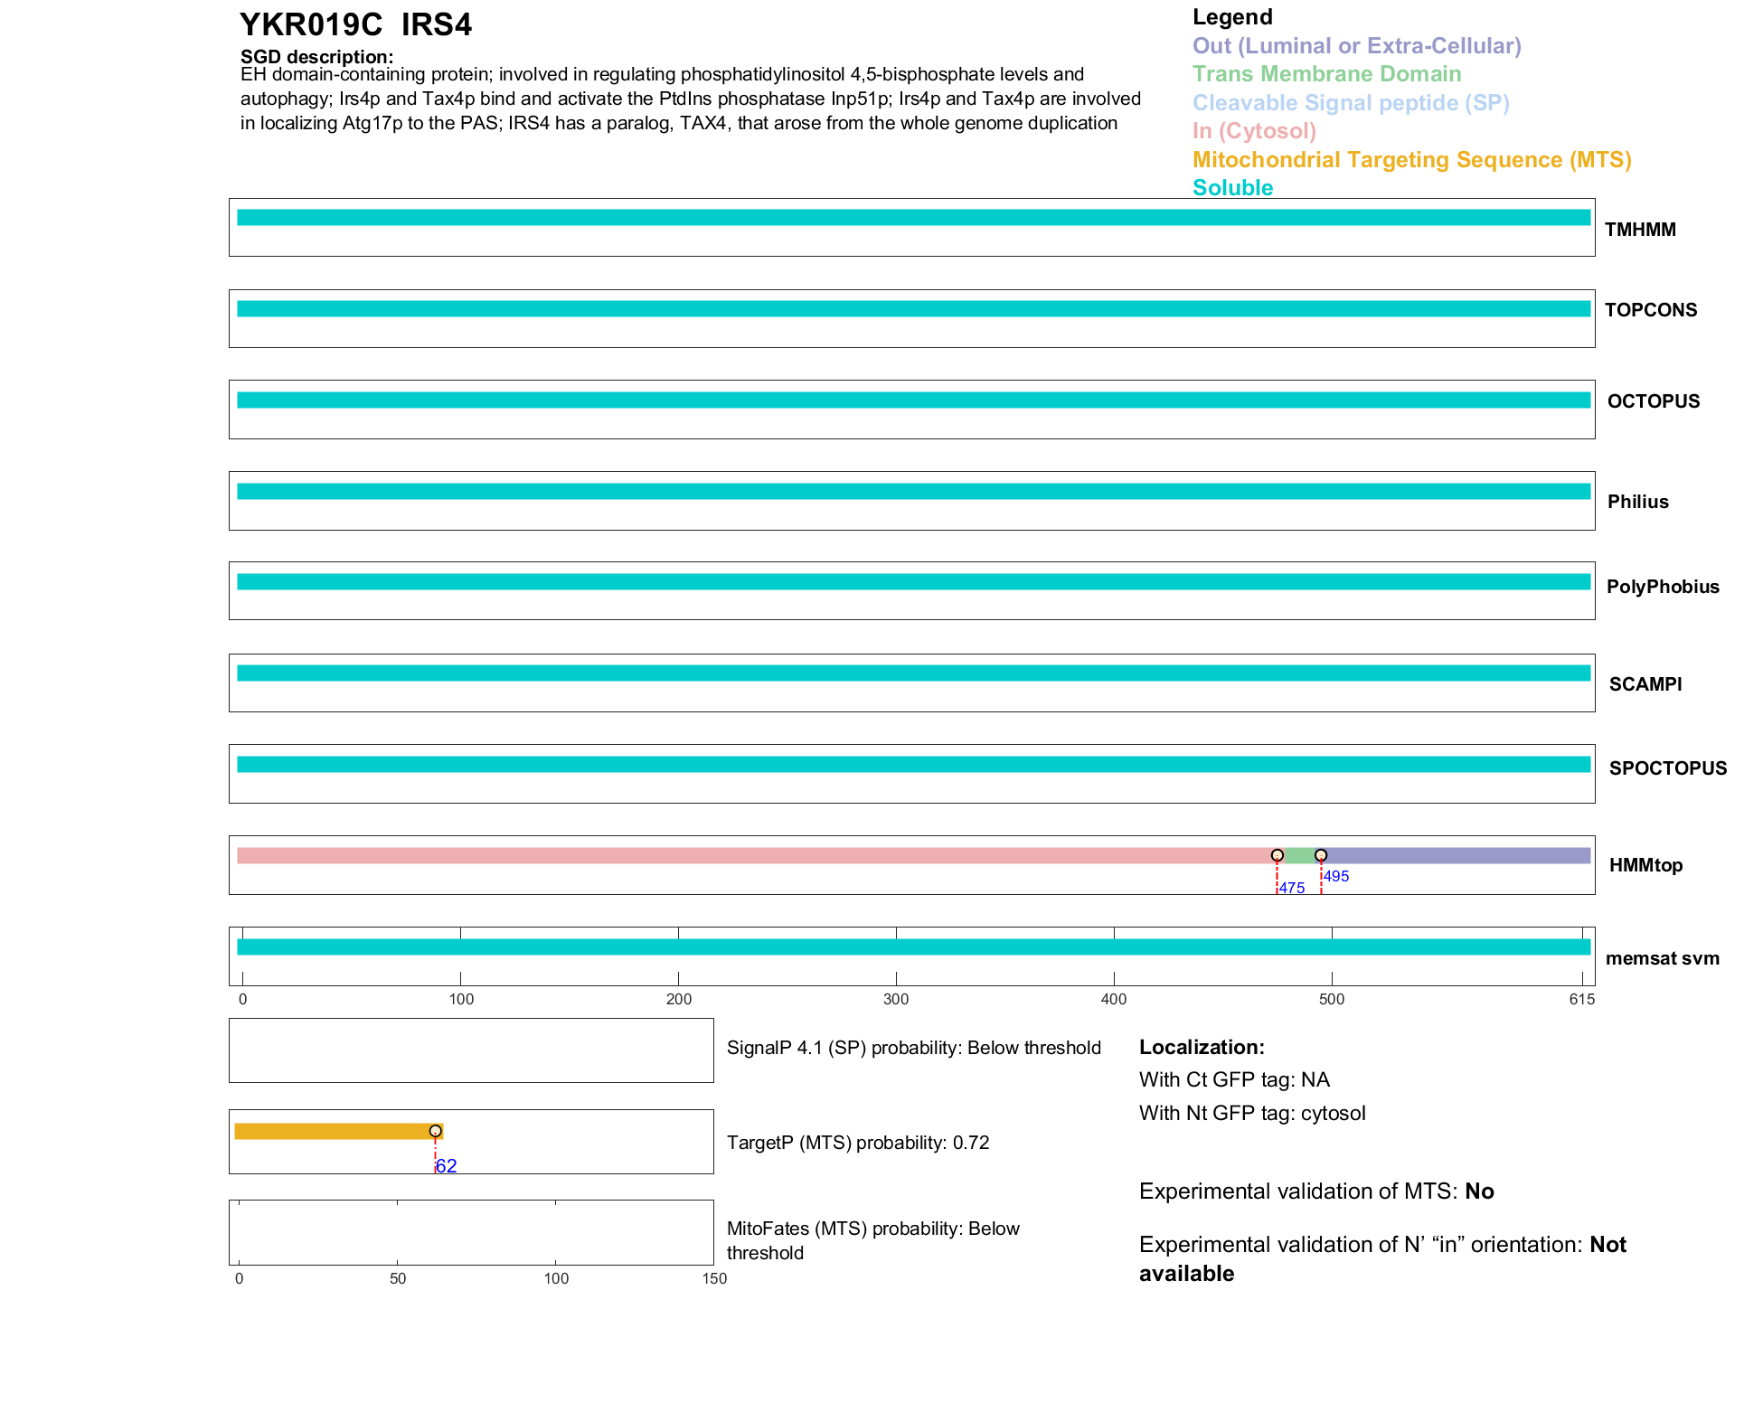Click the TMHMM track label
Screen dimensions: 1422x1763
point(1639,230)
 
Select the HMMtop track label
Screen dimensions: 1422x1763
point(1645,865)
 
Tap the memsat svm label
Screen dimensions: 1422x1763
point(1662,958)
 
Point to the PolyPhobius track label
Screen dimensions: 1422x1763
point(1662,587)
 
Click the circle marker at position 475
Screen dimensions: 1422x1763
point(1277,855)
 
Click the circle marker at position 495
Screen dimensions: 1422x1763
point(1321,855)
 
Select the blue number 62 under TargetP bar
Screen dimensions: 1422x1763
point(446,1166)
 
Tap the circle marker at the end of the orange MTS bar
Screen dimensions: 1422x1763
point(436,1131)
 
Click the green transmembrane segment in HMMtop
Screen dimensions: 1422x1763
point(1298,855)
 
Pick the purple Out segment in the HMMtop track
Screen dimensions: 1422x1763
point(1456,855)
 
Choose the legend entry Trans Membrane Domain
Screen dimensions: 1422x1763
point(1326,74)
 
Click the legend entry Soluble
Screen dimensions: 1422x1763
point(1232,188)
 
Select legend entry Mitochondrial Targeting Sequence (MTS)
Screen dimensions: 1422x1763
point(1411,160)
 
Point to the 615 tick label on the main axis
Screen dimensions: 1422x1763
point(1581,999)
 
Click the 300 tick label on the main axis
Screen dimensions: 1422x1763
point(896,999)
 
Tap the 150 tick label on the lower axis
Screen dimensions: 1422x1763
point(714,1278)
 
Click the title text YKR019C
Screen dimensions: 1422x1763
point(310,24)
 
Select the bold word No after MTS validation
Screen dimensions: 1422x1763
point(1479,1191)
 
